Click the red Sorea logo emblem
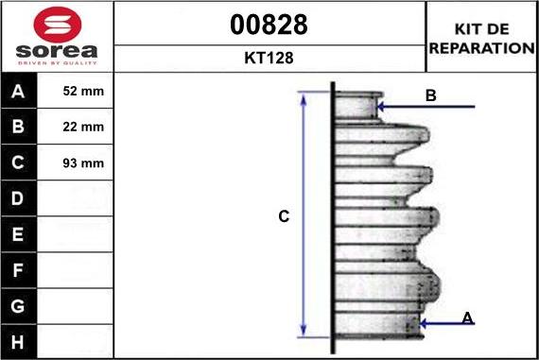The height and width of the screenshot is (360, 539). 58,25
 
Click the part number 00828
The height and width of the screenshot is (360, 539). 269,25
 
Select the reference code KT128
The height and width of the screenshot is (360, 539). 269,58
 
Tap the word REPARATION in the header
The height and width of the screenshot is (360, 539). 482,48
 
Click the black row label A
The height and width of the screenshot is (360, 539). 18,91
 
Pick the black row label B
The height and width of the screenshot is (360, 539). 18,127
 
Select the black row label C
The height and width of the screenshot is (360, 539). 18,163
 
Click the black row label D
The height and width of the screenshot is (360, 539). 18,198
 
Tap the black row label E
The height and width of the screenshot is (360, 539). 18,234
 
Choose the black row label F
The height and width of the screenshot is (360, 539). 18,270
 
